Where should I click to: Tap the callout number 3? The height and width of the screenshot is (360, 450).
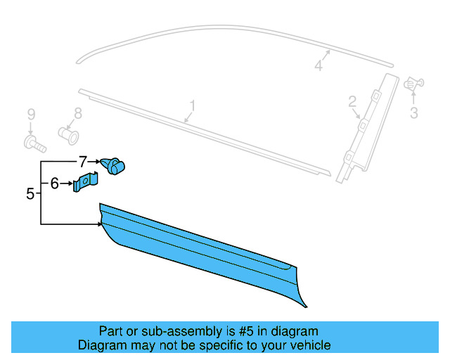click(414, 112)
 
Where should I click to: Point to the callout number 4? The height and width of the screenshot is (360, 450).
click(318, 65)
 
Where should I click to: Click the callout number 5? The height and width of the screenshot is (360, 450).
click(30, 193)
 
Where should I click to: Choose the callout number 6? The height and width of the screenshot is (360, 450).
click(55, 184)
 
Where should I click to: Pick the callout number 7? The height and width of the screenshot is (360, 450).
click(82, 161)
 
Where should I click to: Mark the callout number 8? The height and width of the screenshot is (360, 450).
click(78, 112)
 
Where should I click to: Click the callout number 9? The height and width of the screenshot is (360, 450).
click(31, 114)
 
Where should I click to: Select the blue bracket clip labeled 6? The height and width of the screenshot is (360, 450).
click(85, 184)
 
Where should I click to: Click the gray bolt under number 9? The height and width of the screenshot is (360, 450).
click(32, 144)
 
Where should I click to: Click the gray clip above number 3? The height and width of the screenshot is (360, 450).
click(413, 85)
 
